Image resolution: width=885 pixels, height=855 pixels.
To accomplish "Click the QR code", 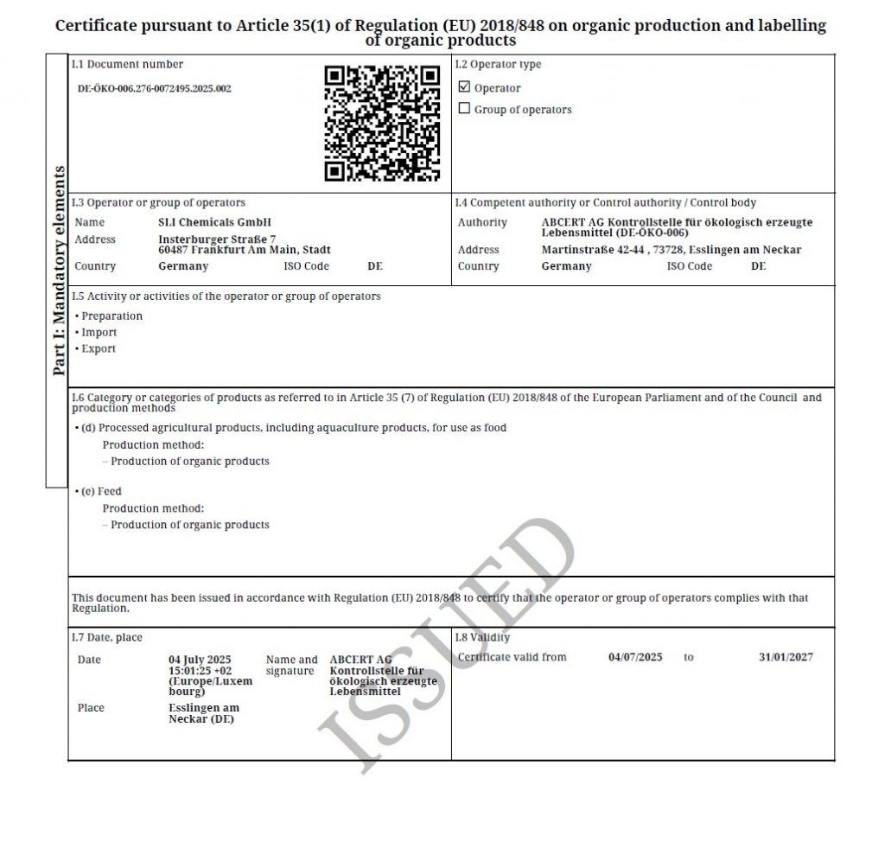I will coord(382,123).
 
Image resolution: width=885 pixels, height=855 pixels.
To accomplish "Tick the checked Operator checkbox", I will coord(464,87).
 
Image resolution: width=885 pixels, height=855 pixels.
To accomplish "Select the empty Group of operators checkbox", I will coord(464,109).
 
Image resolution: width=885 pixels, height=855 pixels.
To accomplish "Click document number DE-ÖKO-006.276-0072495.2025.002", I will coord(155,88).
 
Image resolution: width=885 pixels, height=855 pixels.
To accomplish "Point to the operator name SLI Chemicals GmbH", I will coord(214,222).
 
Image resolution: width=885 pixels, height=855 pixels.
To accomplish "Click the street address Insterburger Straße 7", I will coord(217,239).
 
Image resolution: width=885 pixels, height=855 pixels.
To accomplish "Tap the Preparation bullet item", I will coord(111,316).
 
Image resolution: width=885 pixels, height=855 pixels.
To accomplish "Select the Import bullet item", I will coord(99,333).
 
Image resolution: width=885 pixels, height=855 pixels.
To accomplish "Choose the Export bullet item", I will coord(98,349).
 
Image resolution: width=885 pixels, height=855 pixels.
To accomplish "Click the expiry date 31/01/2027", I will coord(786,657).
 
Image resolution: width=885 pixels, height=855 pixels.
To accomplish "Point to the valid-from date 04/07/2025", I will coord(635,657).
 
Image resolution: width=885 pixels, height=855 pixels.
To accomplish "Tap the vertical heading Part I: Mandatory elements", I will coord(58,271).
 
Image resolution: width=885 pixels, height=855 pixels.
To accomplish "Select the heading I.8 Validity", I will coord(482,638).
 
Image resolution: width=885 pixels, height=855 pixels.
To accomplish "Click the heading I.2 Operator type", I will coord(498,65).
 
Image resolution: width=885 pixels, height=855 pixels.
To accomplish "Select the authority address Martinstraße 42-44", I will coord(594,250).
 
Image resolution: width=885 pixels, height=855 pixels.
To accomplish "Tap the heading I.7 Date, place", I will coord(107,638).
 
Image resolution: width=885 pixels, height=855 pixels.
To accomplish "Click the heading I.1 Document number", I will coord(127,65).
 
